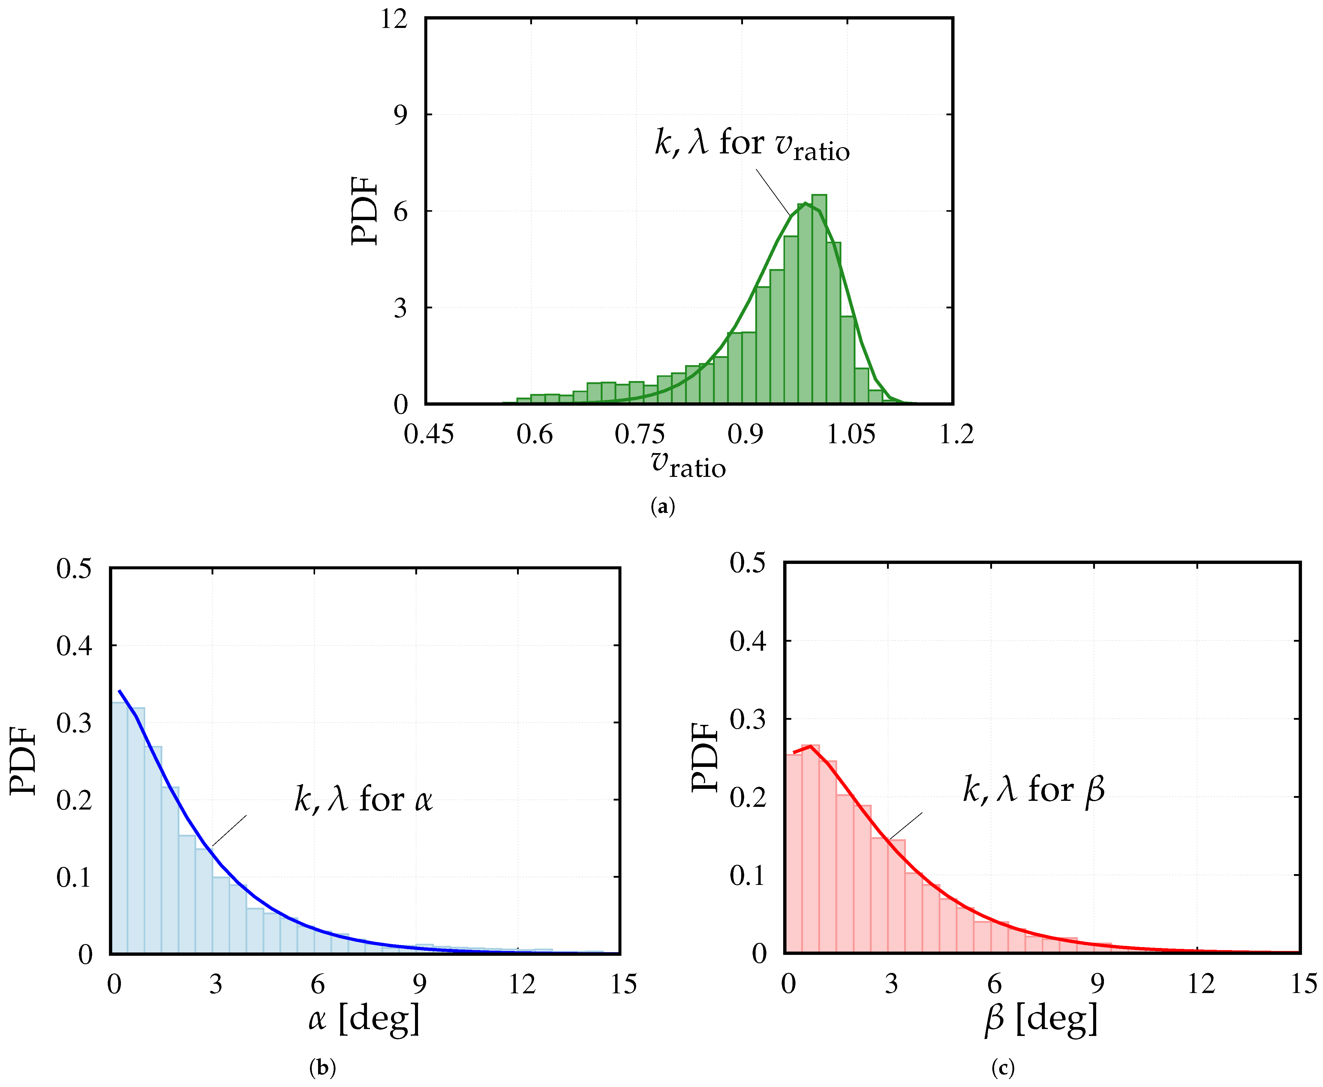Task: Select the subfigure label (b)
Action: point(323,1067)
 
